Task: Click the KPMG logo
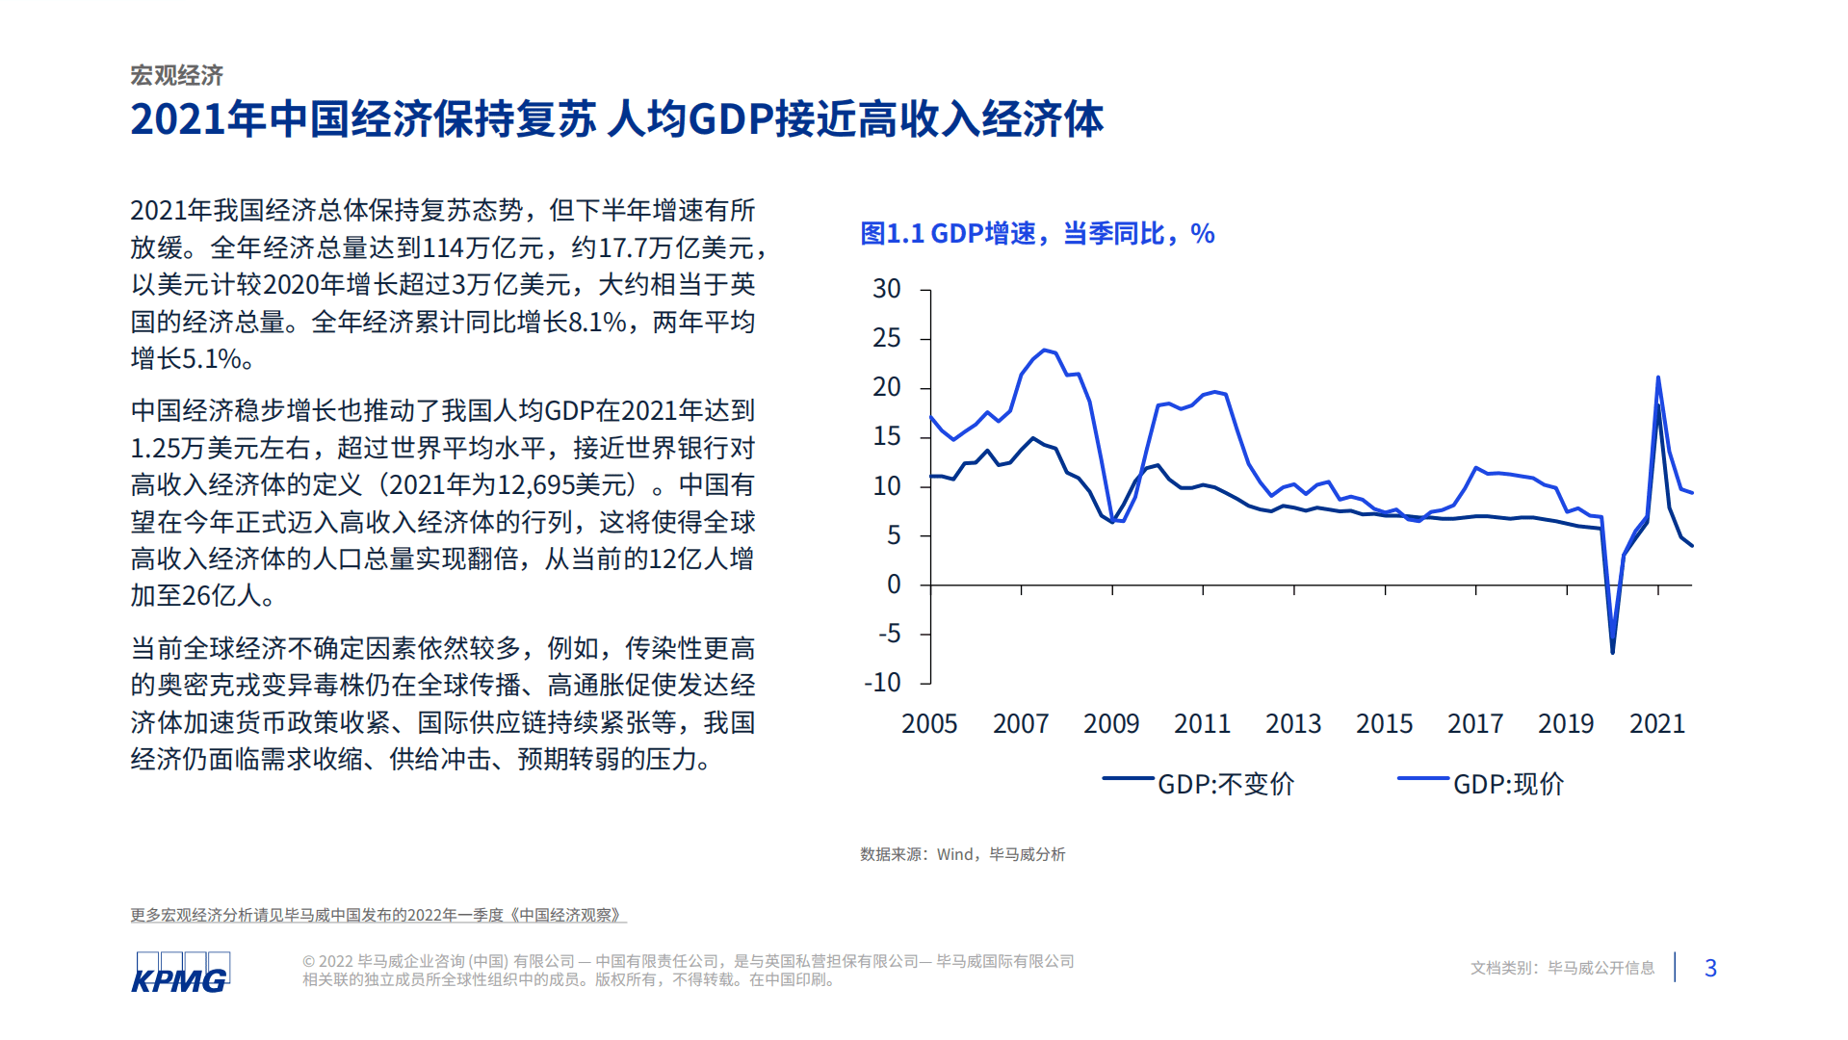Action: tap(180, 972)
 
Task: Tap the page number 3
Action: tap(1710, 968)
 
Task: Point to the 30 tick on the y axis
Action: tap(886, 289)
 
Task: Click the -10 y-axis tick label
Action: tap(882, 683)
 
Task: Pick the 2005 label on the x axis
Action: tap(929, 724)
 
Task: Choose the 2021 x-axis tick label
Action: tap(1656, 724)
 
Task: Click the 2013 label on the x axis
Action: tap(1292, 724)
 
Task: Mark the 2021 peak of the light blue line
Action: tap(1657, 377)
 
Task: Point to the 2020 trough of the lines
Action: tap(1612, 652)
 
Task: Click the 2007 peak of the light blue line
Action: tap(1044, 351)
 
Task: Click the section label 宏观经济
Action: tap(177, 75)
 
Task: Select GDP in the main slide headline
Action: tap(732, 119)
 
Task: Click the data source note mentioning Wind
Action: tap(962, 854)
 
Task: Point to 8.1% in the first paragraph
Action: tap(597, 322)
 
